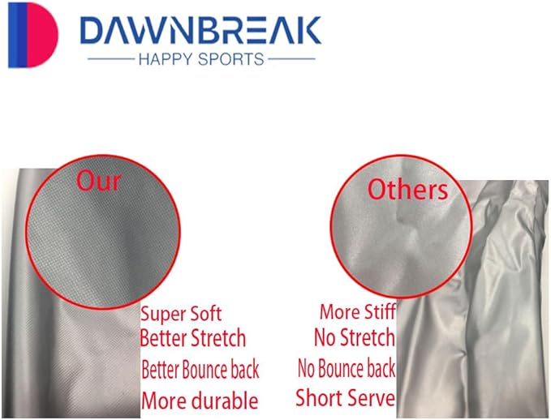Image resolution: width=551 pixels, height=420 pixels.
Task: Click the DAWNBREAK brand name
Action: click(201, 30)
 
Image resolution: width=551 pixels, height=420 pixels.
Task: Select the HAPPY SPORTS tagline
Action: click(200, 59)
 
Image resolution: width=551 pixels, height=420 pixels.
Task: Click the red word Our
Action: click(98, 181)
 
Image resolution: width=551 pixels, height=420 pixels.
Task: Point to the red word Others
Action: click(407, 190)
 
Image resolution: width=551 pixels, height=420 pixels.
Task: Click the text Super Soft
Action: click(181, 314)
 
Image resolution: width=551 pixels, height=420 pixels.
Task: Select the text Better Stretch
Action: click(193, 338)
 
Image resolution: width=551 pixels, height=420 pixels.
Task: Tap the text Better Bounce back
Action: click(200, 370)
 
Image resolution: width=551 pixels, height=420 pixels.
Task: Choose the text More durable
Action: click(200, 400)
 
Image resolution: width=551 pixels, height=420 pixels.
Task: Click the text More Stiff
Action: click(358, 311)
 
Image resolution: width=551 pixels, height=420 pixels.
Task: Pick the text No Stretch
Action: click(354, 337)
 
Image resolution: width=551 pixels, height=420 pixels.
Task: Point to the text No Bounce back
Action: click(347, 369)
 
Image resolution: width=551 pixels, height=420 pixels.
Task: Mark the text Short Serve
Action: click(345, 398)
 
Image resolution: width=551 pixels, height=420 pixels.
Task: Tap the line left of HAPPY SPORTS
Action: click(109, 59)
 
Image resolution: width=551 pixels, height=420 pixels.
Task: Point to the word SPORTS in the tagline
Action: click(234, 59)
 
